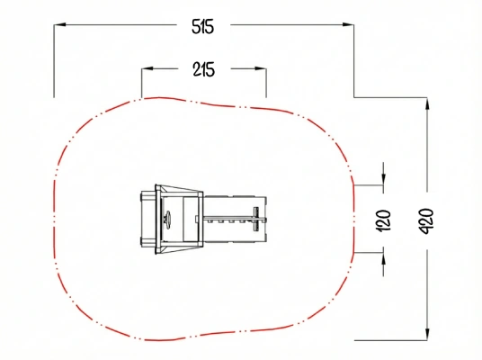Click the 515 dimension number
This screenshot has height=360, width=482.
point(202,26)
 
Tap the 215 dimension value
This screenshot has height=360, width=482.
point(204,69)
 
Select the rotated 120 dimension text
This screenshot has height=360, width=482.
point(383,220)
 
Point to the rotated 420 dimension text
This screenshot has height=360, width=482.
point(426,220)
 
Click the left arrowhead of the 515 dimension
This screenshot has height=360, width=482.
point(60,24)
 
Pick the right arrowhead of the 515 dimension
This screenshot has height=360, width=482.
point(348,24)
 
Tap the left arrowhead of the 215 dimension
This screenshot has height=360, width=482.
point(147,68)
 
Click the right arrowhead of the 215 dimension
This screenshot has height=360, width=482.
point(261,68)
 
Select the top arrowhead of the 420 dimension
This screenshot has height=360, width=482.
point(427,103)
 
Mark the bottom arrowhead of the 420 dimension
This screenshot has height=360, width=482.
point(427,334)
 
